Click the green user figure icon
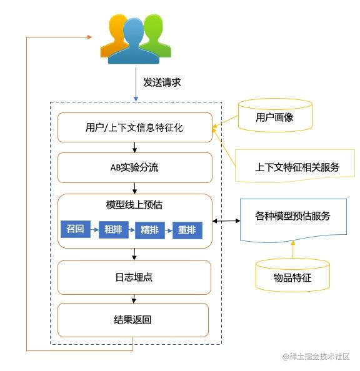(153, 34)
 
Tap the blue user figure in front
(133, 42)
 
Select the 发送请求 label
(162, 82)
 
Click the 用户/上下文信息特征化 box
(134, 128)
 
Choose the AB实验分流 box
(134, 167)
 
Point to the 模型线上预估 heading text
(134, 205)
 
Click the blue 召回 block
(75, 229)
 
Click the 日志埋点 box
(134, 277)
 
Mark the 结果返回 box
(133, 320)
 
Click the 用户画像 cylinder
(275, 117)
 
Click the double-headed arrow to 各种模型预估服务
(226, 220)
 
